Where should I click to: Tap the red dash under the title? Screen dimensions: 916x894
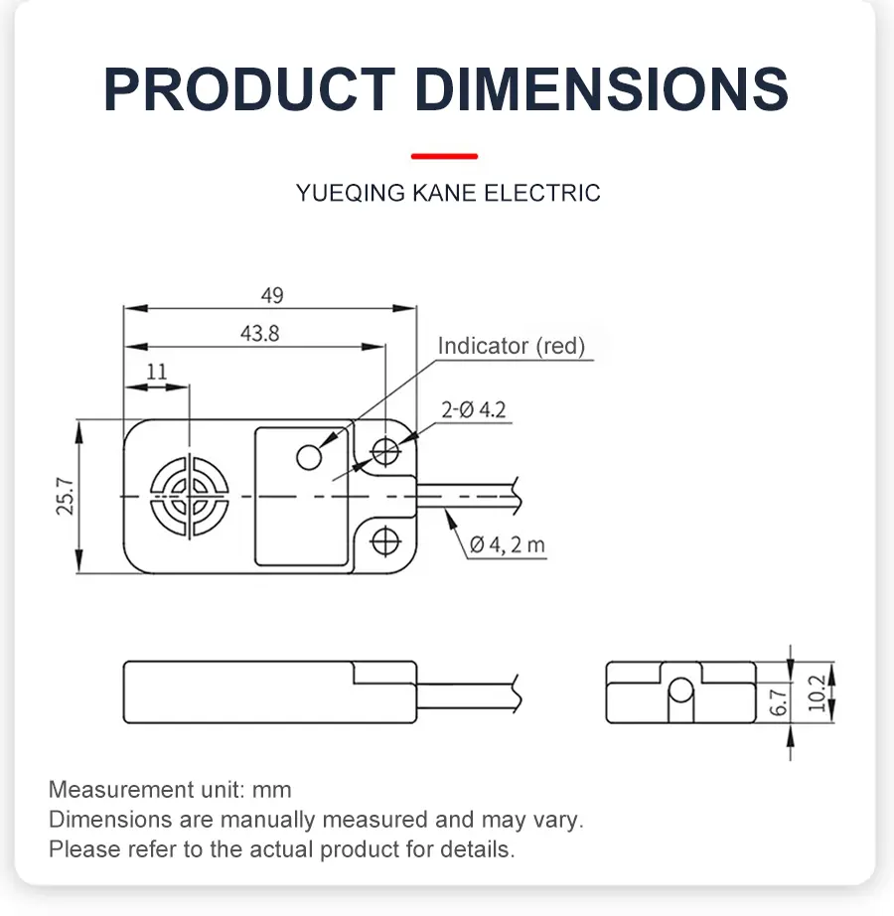click(444, 156)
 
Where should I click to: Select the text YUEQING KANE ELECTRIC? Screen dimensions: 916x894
click(447, 193)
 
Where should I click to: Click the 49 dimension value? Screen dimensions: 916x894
click(271, 295)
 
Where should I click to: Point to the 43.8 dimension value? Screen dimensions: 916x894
click(259, 334)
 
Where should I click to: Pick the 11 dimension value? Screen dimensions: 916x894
click(157, 372)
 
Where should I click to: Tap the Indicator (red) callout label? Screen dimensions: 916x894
click(512, 346)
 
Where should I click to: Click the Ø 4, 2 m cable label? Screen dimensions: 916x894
click(507, 544)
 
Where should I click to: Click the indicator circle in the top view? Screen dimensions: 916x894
click(310, 456)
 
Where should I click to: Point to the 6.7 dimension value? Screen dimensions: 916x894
click(779, 703)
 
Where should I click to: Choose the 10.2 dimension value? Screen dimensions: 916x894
click(817, 693)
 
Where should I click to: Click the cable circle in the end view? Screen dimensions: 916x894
click(680, 689)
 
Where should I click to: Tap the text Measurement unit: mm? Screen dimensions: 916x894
click(170, 790)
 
